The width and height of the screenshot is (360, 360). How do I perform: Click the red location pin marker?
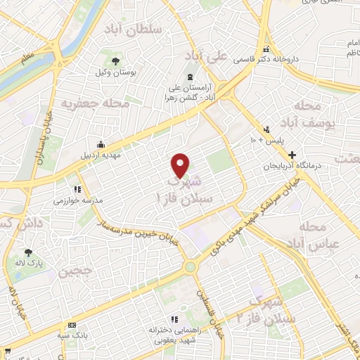(x=181, y=166)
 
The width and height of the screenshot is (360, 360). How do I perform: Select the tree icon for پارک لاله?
(x=28, y=252)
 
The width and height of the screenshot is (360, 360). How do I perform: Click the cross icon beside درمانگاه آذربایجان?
(x=292, y=155)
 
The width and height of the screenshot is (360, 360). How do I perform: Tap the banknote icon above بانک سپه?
(x=72, y=325)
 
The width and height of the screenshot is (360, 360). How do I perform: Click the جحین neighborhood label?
(x=78, y=271)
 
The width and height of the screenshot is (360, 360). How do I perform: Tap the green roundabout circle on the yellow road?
(x=190, y=267)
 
